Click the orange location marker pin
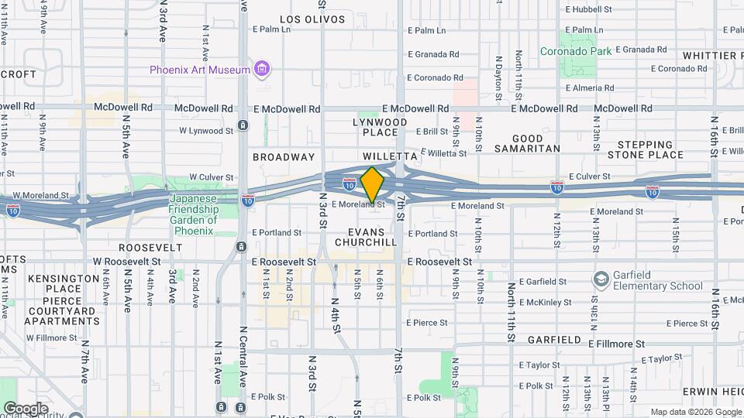372,184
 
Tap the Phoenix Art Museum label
200,70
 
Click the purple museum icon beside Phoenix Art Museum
263,70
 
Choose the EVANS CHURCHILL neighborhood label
366,237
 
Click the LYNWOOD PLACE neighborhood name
380,128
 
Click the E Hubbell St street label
589,9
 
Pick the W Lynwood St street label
206,131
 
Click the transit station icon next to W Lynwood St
243,125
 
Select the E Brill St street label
432,132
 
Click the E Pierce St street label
427,323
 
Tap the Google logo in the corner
26,408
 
